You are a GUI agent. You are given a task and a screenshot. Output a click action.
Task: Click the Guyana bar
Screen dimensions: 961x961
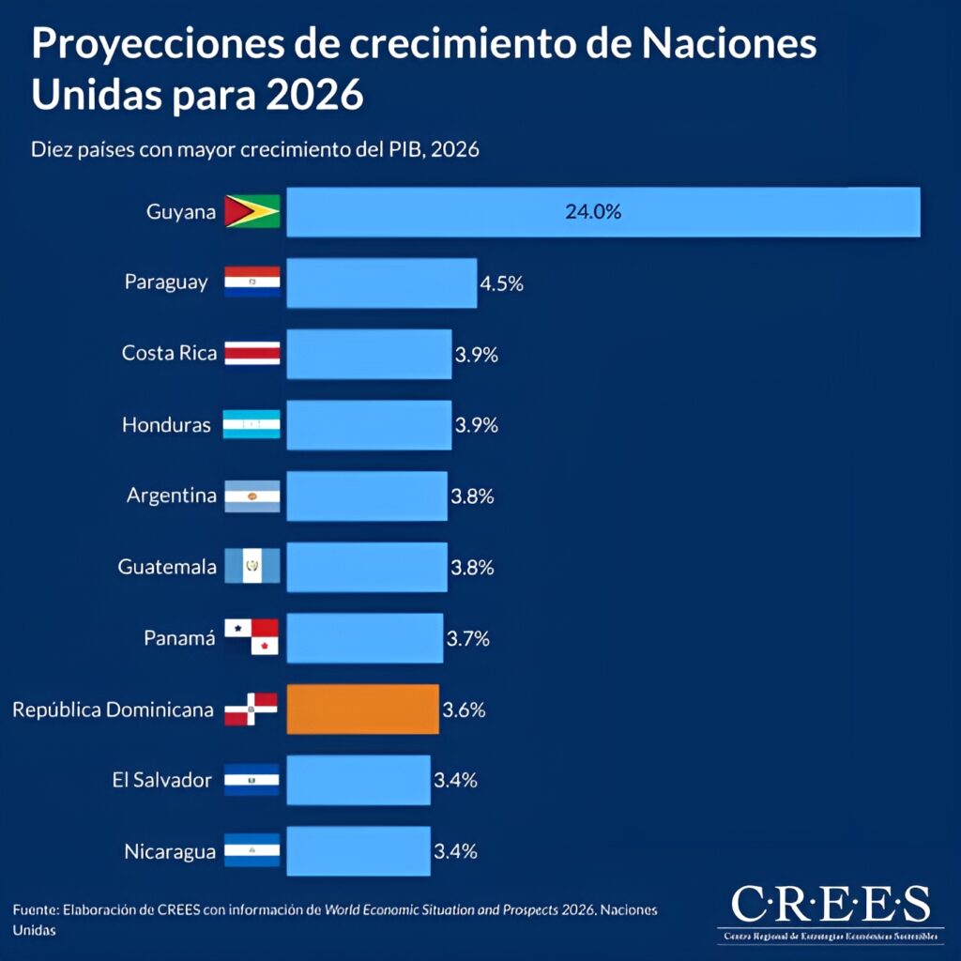tap(603, 212)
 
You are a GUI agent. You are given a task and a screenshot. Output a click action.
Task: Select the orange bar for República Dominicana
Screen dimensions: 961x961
tap(362, 709)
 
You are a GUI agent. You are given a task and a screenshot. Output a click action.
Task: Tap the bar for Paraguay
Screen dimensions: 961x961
tap(381, 282)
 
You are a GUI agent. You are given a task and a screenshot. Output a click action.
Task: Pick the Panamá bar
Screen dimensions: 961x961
tap(364, 638)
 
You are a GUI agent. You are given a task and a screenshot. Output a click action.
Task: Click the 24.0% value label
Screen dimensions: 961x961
tap(593, 212)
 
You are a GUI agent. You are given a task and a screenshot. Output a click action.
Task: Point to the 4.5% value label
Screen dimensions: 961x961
tap(502, 283)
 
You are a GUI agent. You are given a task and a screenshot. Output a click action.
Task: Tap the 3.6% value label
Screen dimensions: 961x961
tap(464, 709)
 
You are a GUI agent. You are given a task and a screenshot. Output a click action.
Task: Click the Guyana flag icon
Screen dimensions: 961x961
tap(252, 211)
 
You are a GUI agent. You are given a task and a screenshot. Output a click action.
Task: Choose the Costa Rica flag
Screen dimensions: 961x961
tap(252, 353)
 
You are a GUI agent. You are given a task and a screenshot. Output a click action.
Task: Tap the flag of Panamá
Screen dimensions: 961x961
tap(252, 637)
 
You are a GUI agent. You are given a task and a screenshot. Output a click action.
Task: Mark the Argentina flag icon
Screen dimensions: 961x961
tap(252, 496)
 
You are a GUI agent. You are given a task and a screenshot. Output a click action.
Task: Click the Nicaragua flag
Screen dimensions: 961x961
tap(252, 850)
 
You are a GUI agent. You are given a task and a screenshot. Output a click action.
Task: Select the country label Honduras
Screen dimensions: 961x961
tap(166, 425)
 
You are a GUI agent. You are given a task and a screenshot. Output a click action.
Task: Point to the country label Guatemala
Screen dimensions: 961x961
tap(167, 567)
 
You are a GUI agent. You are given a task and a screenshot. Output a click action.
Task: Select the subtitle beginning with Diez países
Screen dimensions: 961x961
tap(255, 149)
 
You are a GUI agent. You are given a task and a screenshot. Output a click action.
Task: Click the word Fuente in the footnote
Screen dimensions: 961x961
tap(36, 911)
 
